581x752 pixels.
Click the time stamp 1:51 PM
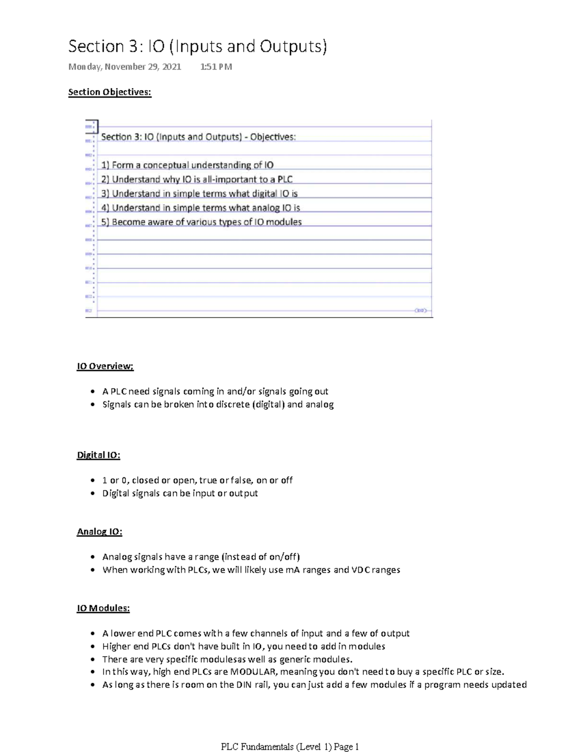(x=216, y=67)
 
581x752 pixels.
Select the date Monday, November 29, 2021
(x=125, y=67)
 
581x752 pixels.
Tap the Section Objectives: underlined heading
(x=110, y=92)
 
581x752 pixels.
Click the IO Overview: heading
(x=105, y=366)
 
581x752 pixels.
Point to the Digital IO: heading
(x=98, y=455)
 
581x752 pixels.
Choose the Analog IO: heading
(x=99, y=532)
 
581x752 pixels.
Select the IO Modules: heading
(x=103, y=608)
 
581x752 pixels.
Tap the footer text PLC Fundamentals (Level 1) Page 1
(x=290, y=747)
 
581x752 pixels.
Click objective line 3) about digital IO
(x=199, y=194)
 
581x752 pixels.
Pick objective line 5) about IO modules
(x=201, y=222)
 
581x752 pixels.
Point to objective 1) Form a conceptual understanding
(x=187, y=165)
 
